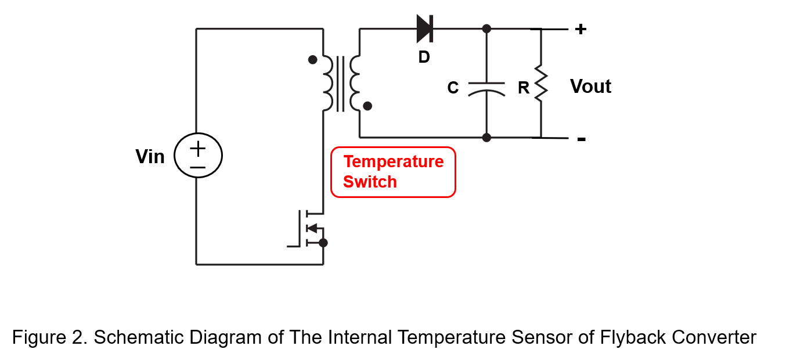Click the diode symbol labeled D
[424, 29]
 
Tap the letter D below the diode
[424, 57]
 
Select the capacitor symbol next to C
[486, 89]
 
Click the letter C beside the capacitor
[453, 87]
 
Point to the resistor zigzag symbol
[540, 84]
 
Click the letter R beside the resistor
[524, 88]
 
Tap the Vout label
[590, 87]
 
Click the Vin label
[150, 157]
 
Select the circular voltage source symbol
[198, 155]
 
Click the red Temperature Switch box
[393, 172]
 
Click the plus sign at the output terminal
[581, 29]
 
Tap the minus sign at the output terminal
[582, 139]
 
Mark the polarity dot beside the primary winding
[313, 60]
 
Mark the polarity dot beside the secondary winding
[367, 106]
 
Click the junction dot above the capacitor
[486, 29]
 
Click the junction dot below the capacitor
[486, 138]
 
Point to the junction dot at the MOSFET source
[323, 243]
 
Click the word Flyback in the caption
[633, 337]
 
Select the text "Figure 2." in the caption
[50, 337]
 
